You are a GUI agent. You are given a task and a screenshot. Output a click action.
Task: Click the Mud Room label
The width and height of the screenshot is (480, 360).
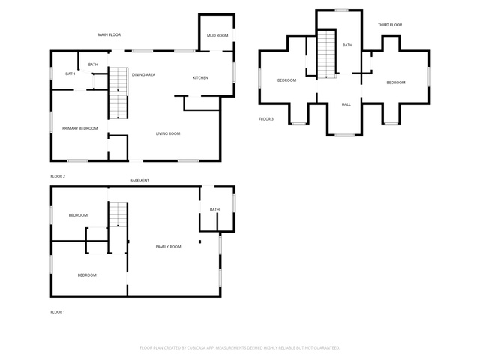click(217, 35)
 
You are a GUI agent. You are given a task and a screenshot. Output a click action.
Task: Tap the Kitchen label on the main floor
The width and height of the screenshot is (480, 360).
click(200, 78)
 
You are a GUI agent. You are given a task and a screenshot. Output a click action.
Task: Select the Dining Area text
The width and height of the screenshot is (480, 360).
click(143, 74)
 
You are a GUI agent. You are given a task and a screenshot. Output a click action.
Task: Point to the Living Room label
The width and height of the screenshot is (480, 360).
click(168, 133)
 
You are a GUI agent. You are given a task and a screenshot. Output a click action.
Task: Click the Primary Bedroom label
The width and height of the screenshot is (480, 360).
click(80, 128)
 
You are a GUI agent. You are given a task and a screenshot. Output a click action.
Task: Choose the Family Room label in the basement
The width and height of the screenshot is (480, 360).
click(168, 247)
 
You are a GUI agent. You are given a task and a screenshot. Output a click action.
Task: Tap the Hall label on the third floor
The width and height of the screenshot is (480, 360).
click(346, 104)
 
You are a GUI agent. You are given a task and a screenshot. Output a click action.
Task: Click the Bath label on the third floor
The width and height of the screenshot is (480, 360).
click(347, 45)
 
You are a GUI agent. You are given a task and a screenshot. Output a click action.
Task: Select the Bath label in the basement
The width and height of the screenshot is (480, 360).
click(214, 209)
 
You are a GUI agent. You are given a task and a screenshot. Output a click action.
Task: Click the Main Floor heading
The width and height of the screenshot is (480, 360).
click(109, 35)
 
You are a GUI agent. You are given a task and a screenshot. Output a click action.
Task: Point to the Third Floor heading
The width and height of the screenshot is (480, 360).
click(390, 25)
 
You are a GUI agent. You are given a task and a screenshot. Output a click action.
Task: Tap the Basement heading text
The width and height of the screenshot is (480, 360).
click(139, 181)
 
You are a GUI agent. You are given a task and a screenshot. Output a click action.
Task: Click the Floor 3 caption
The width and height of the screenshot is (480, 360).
click(266, 119)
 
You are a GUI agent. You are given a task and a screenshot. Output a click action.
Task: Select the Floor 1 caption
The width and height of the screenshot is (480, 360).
click(58, 312)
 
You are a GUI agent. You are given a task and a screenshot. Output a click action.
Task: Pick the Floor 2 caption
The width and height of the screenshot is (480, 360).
click(58, 176)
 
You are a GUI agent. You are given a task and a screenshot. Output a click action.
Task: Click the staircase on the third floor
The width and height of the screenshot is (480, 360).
click(327, 54)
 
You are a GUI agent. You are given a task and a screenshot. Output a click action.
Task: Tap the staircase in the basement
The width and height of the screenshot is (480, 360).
click(118, 215)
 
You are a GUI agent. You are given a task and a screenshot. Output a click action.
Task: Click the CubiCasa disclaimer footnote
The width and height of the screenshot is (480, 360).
click(240, 348)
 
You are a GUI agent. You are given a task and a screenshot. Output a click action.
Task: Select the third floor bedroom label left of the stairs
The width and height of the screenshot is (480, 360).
click(286, 80)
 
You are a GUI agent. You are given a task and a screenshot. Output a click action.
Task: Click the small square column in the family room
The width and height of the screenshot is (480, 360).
click(200, 241)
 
